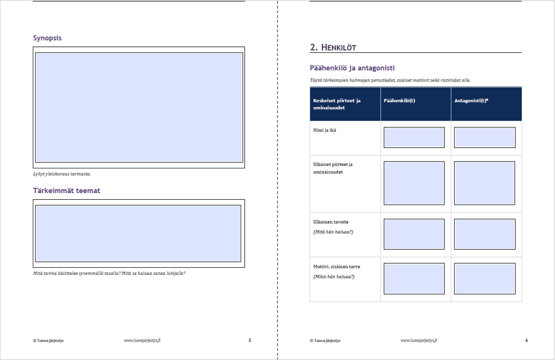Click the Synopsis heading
47,38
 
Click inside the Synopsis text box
139,107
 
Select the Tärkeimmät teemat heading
67,191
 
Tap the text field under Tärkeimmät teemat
138,233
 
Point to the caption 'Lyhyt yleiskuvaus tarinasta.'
62,174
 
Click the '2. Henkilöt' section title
333,47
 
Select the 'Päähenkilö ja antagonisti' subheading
352,68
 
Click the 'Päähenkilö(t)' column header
399,101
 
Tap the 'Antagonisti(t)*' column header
471,101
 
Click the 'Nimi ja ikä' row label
324,131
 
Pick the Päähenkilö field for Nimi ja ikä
414,138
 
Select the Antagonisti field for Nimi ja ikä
484,138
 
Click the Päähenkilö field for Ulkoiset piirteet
414,183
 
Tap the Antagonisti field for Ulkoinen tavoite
484,234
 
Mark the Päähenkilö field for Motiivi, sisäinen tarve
414,279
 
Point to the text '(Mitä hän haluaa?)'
333,232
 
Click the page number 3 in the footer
250,340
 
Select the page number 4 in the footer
526,340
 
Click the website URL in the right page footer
419,340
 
